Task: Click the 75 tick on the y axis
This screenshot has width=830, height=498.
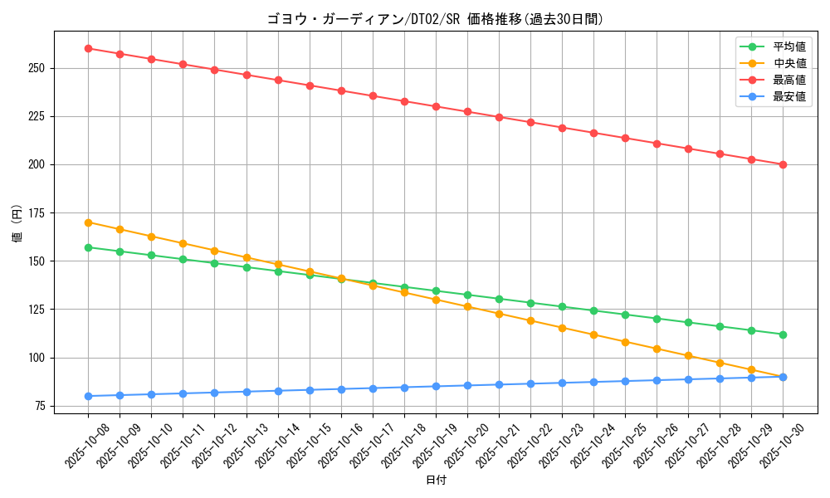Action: (x=40, y=406)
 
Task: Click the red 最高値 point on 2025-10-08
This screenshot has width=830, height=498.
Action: (x=88, y=48)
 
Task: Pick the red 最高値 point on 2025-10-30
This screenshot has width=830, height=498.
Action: (x=783, y=164)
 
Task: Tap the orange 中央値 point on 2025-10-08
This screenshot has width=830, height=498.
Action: (x=88, y=222)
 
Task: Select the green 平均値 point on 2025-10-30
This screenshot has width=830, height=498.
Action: (x=783, y=334)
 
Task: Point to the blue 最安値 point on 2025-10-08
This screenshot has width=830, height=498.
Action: (x=88, y=396)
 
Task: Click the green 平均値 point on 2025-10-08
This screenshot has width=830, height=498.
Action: (x=88, y=247)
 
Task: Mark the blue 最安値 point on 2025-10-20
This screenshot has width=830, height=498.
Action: (x=467, y=385)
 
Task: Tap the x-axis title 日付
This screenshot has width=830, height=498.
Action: (x=436, y=481)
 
